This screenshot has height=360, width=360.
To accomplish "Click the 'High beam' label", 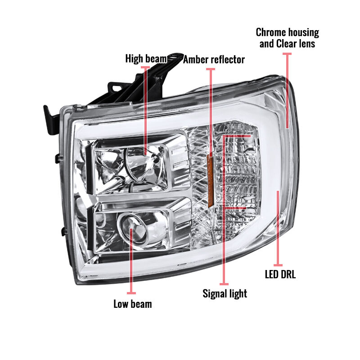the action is click(x=146, y=59).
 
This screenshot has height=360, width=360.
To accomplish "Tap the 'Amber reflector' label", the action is click(x=214, y=60).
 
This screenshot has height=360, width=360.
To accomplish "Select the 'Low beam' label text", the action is click(x=133, y=304).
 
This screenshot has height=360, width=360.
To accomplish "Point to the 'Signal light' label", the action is click(x=225, y=294).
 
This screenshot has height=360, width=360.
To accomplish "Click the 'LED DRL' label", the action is click(x=280, y=274).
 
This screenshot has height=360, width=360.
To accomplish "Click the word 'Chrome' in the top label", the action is click(x=271, y=32).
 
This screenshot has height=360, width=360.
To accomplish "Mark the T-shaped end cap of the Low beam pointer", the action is click(x=131, y=293).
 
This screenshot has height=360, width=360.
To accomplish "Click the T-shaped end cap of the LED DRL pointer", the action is click(x=278, y=265).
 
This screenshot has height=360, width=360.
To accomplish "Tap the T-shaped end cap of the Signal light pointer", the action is click(x=224, y=284).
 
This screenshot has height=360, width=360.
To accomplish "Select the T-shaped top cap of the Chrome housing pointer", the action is click(x=287, y=54).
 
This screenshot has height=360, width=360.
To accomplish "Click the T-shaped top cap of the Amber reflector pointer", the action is click(x=211, y=69).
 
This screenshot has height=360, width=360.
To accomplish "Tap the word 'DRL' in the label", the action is click(x=287, y=274).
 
